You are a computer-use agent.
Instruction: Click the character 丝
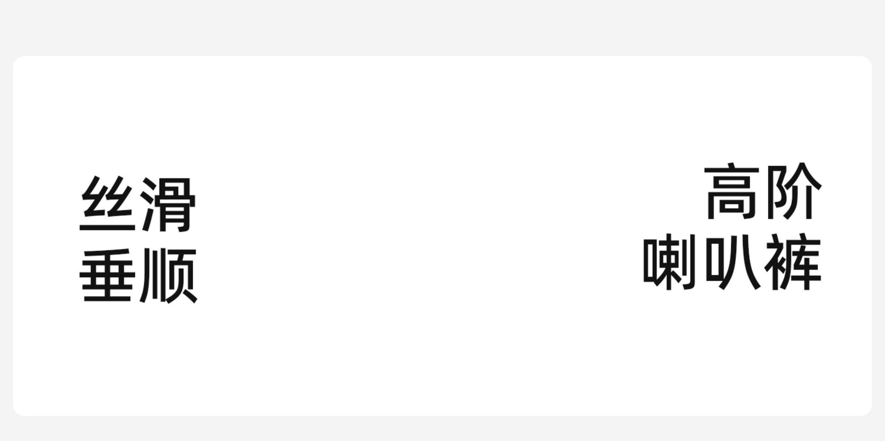[x=108, y=204]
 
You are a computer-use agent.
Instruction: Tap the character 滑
[x=169, y=204]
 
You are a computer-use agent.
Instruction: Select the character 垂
[x=108, y=275]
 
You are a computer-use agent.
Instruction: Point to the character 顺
[x=169, y=275]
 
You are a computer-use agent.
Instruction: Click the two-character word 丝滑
[x=138, y=204]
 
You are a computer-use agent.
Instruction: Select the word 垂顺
[x=138, y=275]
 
